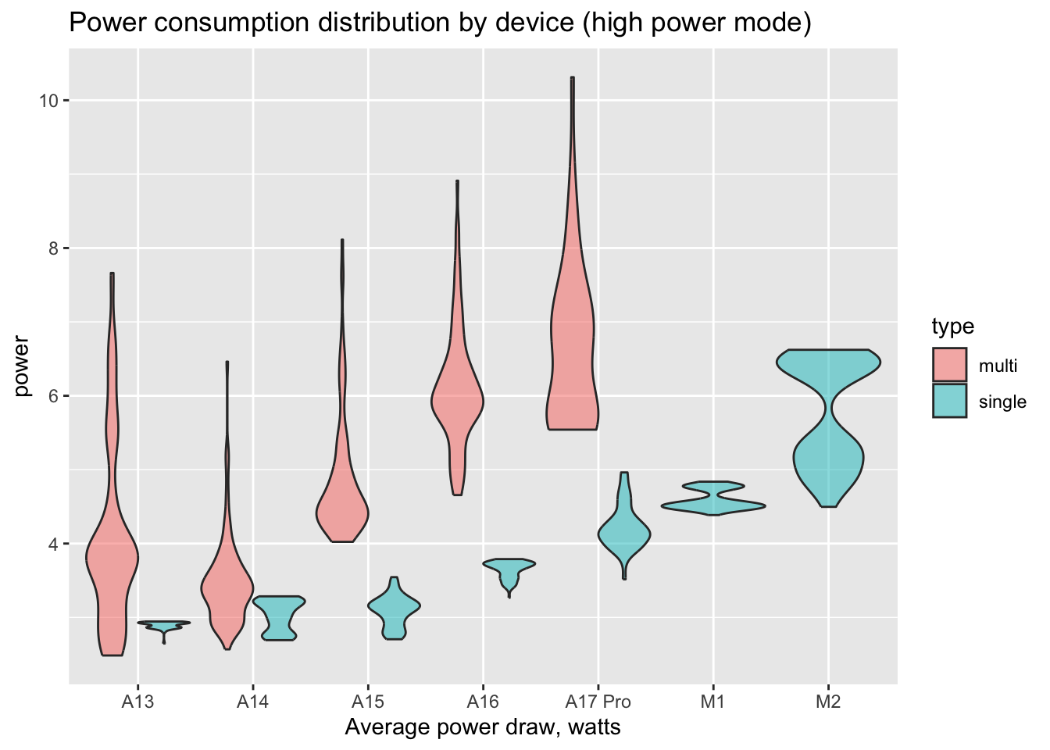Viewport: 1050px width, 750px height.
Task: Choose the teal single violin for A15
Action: coord(394,609)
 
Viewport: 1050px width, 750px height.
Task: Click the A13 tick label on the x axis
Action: coord(137,702)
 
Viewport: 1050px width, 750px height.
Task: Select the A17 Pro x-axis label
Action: coord(598,702)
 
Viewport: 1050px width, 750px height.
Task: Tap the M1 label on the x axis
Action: coord(712,702)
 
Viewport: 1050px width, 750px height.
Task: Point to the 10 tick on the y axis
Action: coord(49,101)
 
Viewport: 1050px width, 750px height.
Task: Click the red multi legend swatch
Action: coord(949,365)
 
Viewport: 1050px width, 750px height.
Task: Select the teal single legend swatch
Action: coord(949,401)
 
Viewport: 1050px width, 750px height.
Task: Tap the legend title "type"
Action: coord(952,326)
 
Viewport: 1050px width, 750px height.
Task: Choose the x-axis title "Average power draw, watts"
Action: coord(483,727)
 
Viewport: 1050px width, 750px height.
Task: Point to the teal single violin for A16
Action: coord(509,570)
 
